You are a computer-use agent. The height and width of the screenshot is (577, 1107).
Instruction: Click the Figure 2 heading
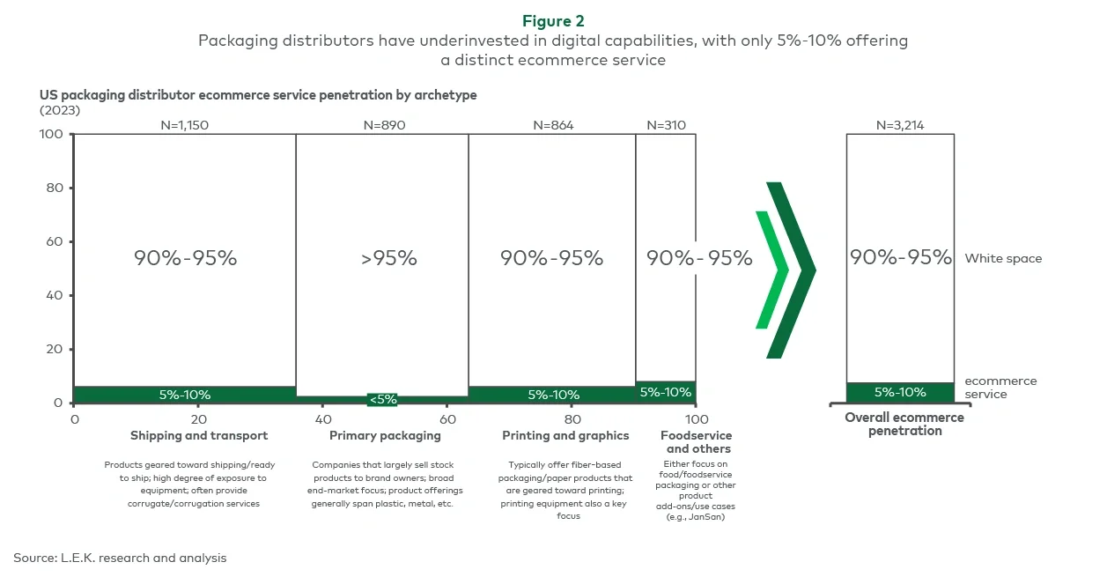pyautogui.click(x=553, y=21)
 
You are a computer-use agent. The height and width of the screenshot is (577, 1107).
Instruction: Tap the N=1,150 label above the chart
pyautogui.click(x=184, y=125)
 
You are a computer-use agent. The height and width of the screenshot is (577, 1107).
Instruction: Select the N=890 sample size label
pyautogui.click(x=384, y=125)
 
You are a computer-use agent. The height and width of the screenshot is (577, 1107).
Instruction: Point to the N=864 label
pyautogui.click(x=553, y=125)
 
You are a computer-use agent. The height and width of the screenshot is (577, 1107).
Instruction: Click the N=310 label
pyautogui.click(x=666, y=125)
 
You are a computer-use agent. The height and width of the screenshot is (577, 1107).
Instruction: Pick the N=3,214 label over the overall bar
pyautogui.click(x=900, y=125)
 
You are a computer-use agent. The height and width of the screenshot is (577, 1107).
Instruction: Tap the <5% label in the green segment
pyautogui.click(x=383, y=399)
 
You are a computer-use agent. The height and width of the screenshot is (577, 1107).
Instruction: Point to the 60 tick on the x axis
pyautogui.click(x=447, y=418)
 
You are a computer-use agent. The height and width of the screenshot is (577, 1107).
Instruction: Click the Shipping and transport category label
pyautogui.click(x=199, y=435)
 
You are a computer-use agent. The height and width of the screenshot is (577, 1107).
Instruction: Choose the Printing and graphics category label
pyautogui.click(x=565, y=435)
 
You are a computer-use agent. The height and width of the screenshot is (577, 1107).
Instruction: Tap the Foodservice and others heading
pyautogui.click(x=696, y=441)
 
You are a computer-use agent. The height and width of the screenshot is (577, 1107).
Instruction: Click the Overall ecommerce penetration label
pyautogui.click(x=904, y=424)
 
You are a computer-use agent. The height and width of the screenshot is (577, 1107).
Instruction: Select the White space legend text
pyautogui.click(x=1003, y=258)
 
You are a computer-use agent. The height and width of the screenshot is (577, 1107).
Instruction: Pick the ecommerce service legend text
pyautogui.click(x=1000, y=388)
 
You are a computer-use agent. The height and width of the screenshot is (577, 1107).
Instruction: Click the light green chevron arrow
pyautogui.click(x=772, y=270)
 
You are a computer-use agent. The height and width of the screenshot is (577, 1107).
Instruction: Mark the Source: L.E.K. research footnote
pyautogui.click(x=120, y=558)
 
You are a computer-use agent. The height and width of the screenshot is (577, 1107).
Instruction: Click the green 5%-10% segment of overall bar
pyautogui.click(x=900, y=393)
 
